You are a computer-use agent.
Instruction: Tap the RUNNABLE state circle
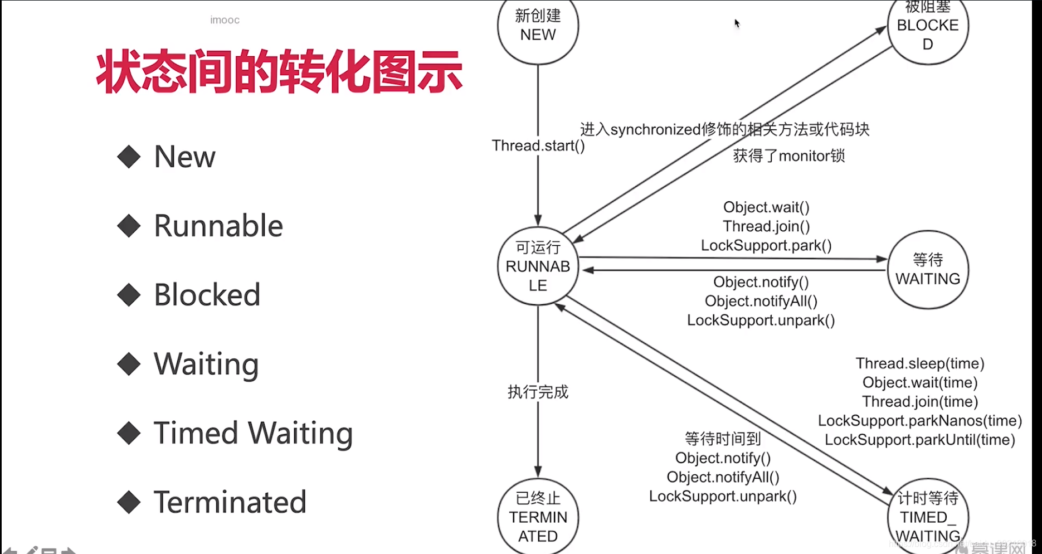(x=538, y=266)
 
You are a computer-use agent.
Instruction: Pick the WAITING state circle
(x=927, y=270)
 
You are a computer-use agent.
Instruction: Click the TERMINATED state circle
(x=538, y=517)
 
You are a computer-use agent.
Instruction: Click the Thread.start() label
(x=538, y=146)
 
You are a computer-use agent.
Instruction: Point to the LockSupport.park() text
(x=766, y=246)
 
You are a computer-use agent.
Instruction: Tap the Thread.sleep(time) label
(x=920, y=364)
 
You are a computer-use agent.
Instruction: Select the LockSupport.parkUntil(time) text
(x=920, y=440)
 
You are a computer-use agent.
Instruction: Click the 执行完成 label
(x=538, y=392)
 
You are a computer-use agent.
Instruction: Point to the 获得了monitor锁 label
(x=788, y=156)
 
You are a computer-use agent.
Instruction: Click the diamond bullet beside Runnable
(x=129, y=226)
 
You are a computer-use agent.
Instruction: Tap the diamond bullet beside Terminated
(x=129, y=502)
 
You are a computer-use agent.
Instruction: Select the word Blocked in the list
(x=207, y=295)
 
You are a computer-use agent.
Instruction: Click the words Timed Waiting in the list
(x=253, y=433)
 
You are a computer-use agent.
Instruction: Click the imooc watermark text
(x=225, y=20)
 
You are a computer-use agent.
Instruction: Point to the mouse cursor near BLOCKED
(x=737, y=23)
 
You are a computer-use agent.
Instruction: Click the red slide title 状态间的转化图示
(x=279, y=71)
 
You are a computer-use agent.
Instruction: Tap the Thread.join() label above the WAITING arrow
(x=766, y=227)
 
